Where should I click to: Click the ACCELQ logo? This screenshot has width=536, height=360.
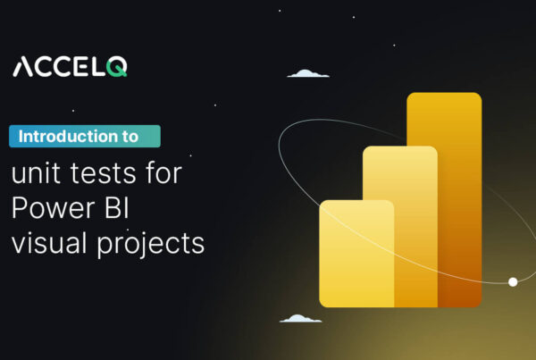(x=70, y=67)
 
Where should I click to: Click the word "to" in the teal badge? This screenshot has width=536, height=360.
(x=131, y=138)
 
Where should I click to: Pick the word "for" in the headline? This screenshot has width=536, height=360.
(x=163, y=172)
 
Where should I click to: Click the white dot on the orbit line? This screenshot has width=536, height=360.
(x=513, y=282)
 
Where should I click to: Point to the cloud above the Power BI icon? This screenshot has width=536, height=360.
(x=309, y=74)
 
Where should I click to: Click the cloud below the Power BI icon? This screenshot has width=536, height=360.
(x=299, y=318)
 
